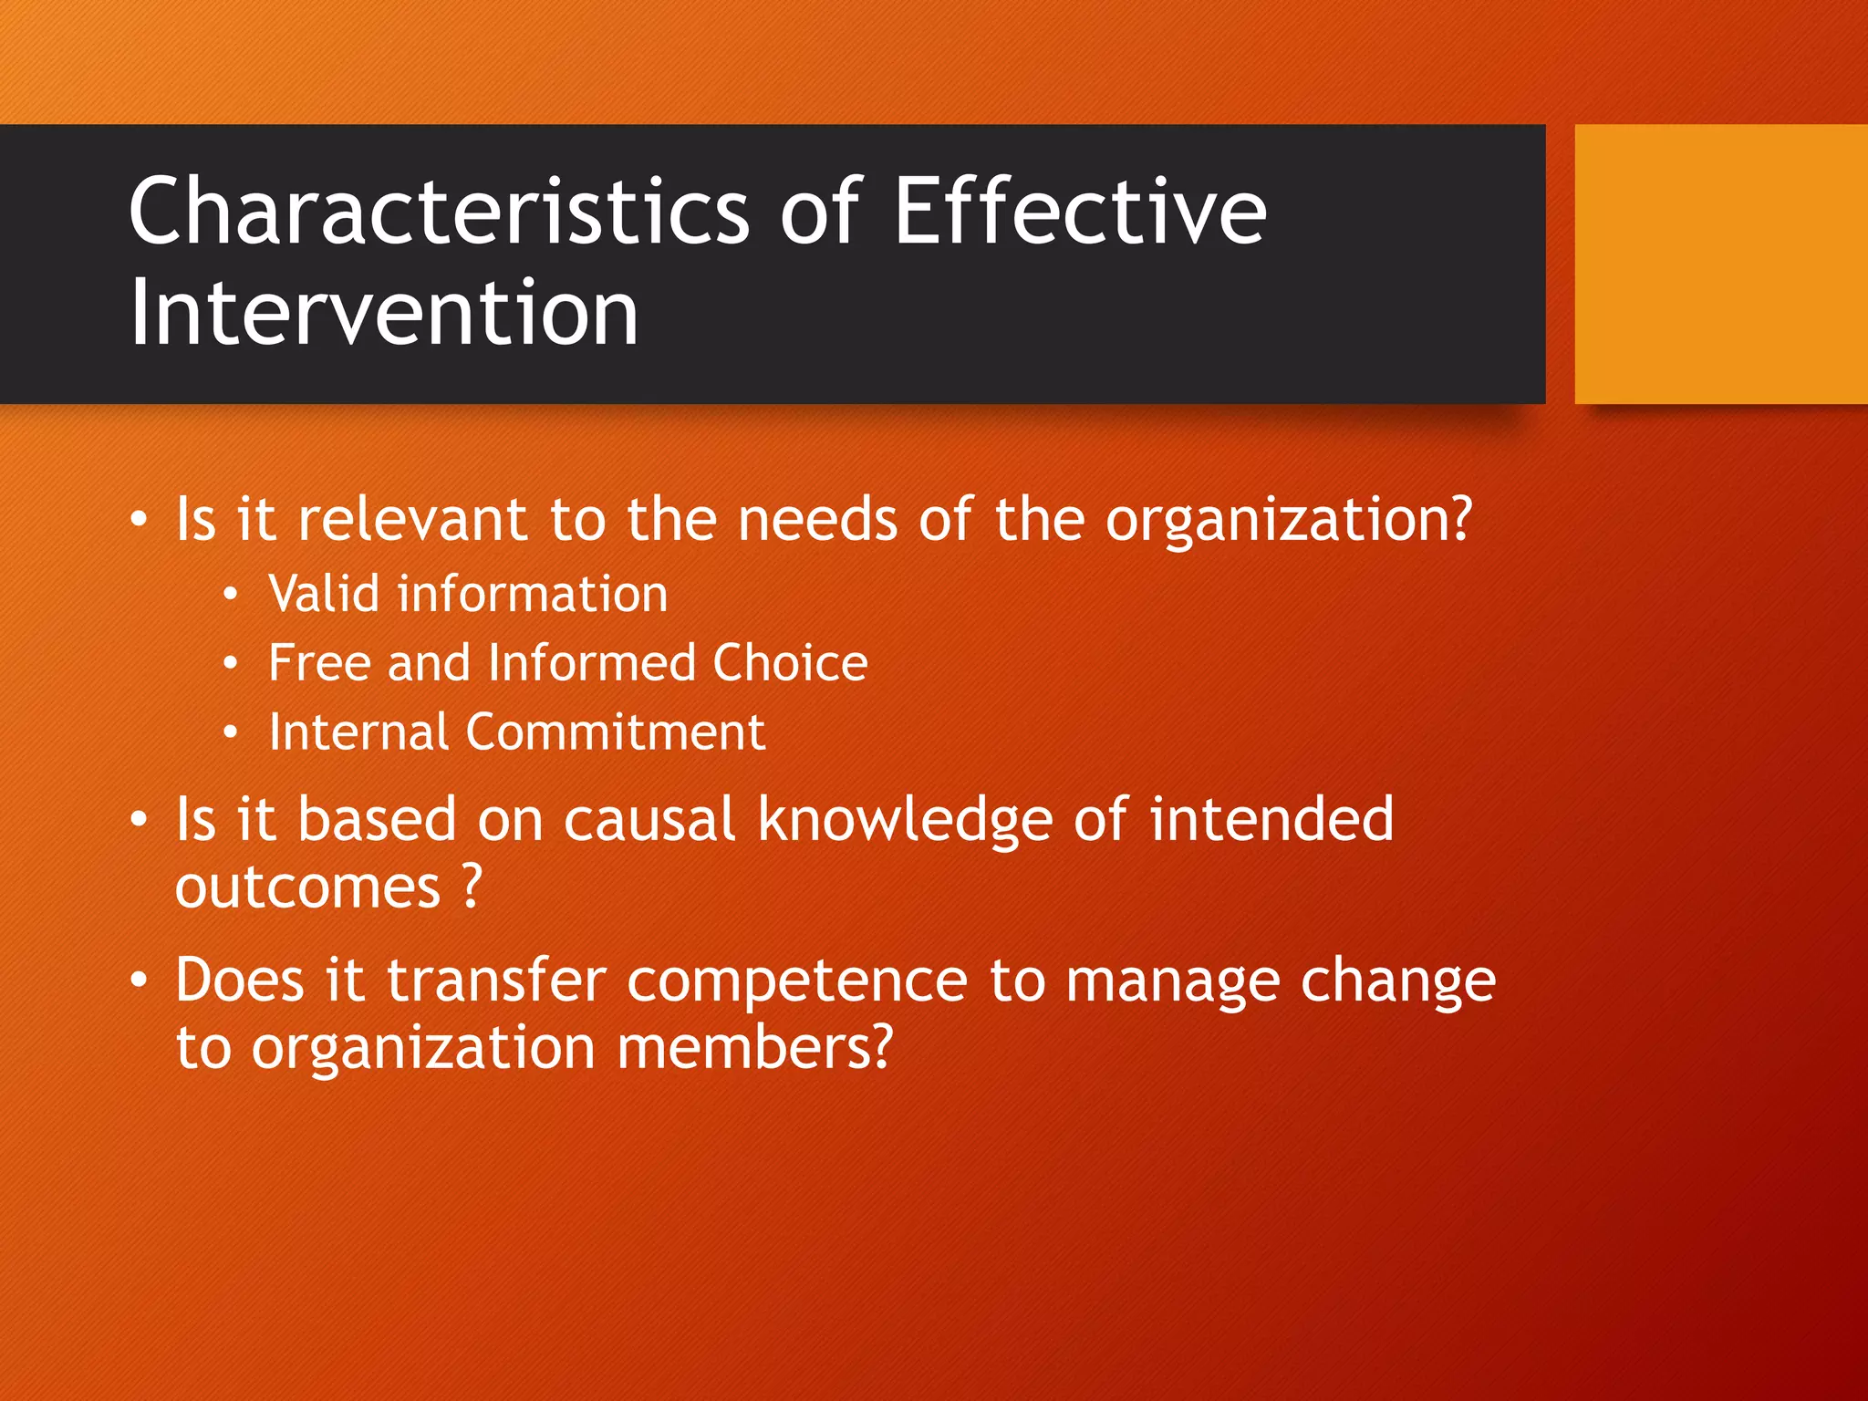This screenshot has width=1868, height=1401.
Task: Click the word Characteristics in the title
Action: coord(438,212)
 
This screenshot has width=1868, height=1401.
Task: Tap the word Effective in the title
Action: coord(1080,212)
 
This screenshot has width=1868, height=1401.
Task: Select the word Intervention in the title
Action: coord(383,314)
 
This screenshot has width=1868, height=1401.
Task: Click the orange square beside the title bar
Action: coord(1720,265)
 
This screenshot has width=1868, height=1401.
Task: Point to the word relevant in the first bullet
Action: coord(412,520)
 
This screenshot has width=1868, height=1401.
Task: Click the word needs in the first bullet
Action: coord(817,520)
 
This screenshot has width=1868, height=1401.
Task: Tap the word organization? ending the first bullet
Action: coord(1288,522)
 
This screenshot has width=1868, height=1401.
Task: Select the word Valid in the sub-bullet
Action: coord(324,595)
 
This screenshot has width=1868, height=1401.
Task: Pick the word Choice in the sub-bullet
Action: coord(790,663)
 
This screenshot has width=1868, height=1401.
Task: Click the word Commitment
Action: coord(615,732)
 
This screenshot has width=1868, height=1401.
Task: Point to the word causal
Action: coord(649,819)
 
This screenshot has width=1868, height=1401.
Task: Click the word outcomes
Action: coord(307,887)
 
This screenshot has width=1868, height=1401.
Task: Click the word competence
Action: coord(796,981)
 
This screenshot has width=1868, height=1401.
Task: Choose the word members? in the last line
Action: coord(754,1048)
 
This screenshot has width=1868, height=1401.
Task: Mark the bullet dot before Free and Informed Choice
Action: coord(231,664)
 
